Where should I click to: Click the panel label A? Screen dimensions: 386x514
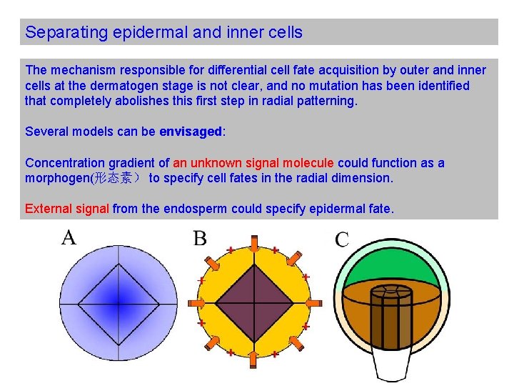click(x=69, y=237)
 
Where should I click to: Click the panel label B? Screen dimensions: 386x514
click(x=201, y=238)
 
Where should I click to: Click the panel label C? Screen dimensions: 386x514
click(x=342, y=239)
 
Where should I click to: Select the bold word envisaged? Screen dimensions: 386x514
click(x=191, y=132)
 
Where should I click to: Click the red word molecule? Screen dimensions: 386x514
click(x=308, y=163)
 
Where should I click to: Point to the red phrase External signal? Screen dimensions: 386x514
click(x=67, y=209)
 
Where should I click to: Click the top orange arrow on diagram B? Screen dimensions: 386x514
click(x=254, y=242)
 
